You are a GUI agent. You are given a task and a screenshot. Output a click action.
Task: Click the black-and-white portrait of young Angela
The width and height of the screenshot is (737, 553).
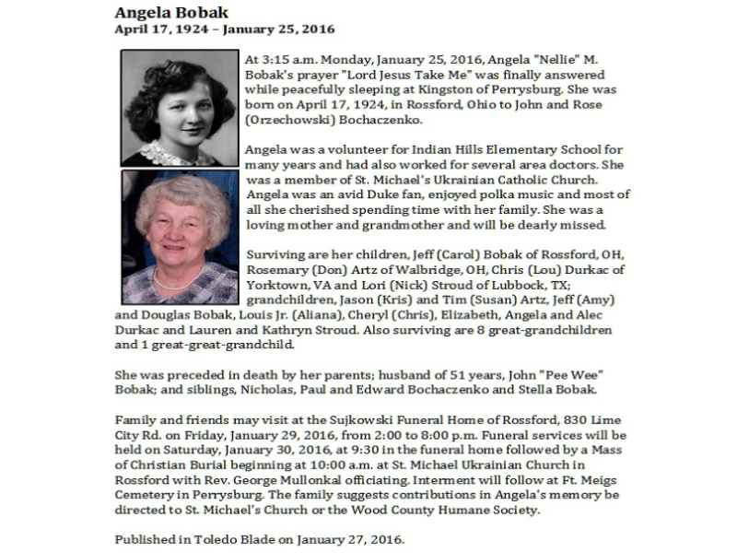coord(180,108)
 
